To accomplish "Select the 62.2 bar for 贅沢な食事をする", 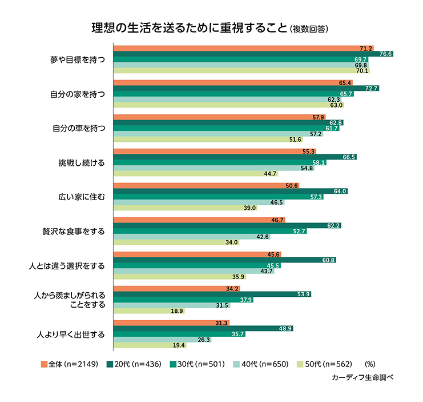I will (x=228, y=225).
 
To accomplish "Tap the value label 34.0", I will (x=231, y=242).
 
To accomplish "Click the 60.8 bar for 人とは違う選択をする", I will (x=225, y=260).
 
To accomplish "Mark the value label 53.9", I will (x=304, y=294).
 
